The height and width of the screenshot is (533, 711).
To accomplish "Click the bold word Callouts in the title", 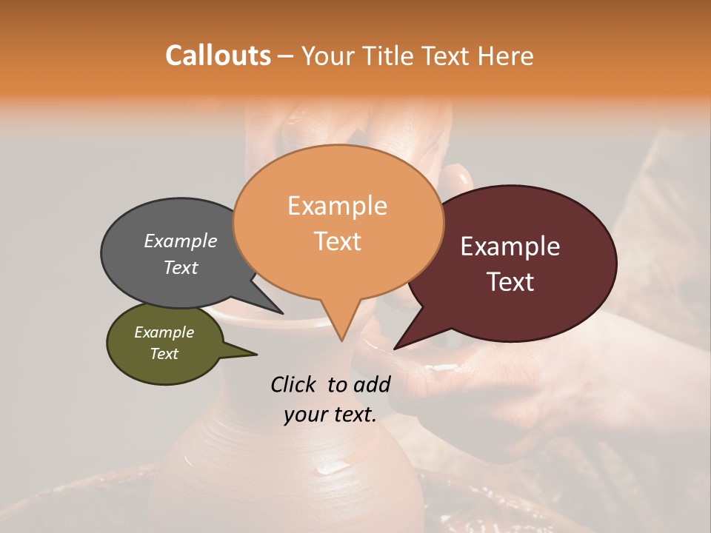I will click(218, 56).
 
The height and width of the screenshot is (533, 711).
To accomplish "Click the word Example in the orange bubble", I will click(337, 206).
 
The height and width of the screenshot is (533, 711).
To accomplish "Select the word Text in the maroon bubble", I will click(511, 282).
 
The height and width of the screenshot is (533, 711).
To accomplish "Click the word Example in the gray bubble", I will click(180, 241).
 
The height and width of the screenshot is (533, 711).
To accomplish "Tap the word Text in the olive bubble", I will click(164, 354).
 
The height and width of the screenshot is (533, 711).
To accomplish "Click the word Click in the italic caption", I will click(295, 384).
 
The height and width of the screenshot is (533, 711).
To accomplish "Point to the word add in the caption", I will click(372, 384).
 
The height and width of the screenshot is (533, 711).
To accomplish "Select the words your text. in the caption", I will click(330, 415).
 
